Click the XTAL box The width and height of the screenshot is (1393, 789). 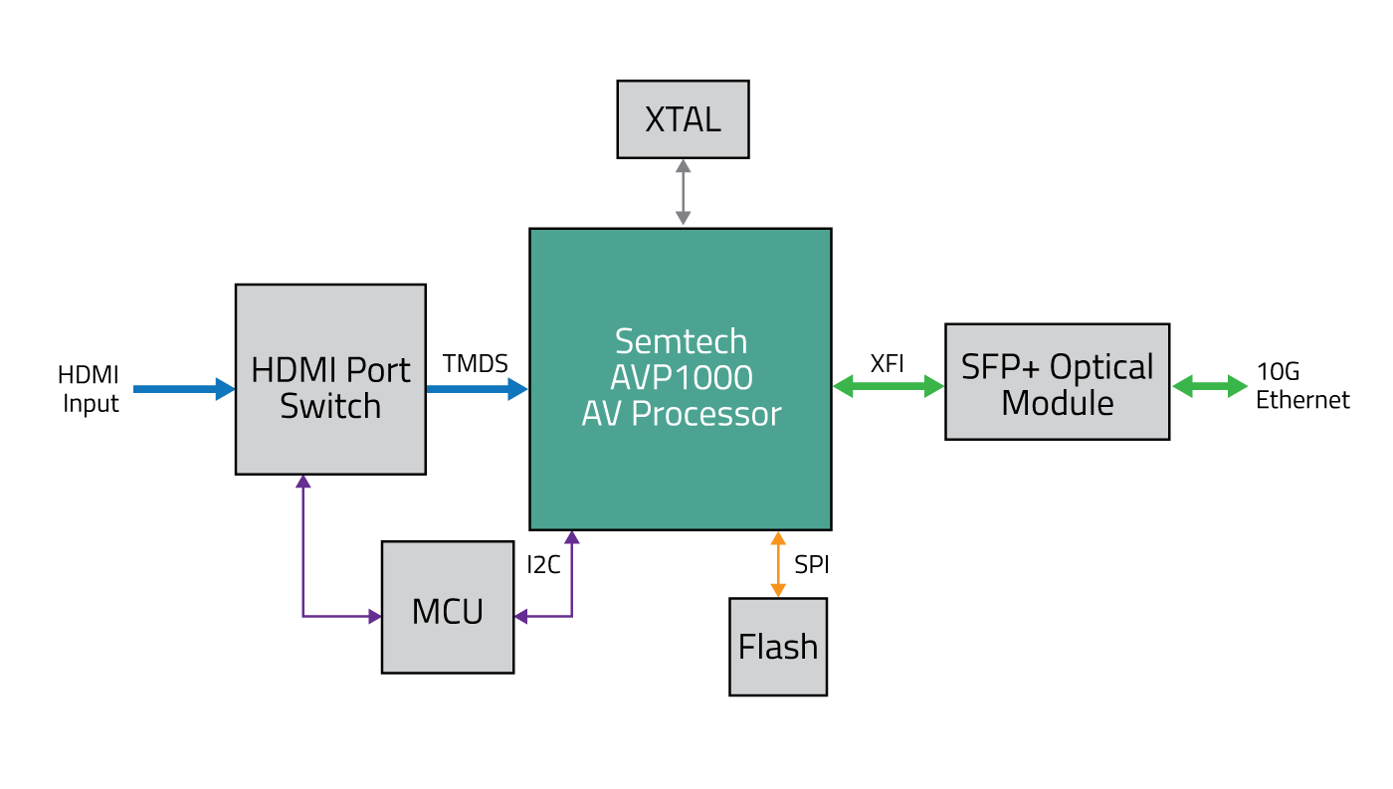(683, 119)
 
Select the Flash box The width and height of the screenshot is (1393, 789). (777, 647)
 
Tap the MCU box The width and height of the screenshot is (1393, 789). (448, 608)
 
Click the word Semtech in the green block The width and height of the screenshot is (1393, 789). (681, 341)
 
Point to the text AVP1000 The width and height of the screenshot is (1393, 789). (681, 377)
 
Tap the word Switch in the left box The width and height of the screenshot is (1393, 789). (330, 406)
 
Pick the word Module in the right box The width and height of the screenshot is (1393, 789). (1057, 403)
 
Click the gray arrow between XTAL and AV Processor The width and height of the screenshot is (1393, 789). (683, 192)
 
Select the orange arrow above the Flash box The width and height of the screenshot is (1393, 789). (778, 564)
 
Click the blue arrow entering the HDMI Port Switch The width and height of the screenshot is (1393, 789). (184, 389)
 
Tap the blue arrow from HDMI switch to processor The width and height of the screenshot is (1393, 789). (477, 389)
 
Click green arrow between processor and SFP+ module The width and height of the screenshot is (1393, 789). (888, 386)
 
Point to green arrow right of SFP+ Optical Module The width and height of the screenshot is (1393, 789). (1209, 386)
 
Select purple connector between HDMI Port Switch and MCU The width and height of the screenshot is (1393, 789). (303, 577)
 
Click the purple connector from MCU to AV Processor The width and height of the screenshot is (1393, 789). (571, 597)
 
